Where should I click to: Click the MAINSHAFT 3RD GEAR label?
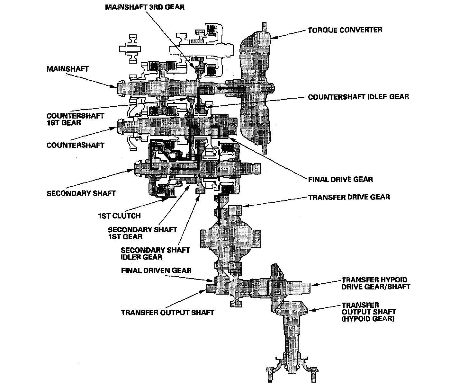145,7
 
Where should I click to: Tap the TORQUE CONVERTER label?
345,30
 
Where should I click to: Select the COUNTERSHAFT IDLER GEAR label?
358,97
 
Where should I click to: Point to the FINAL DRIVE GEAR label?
340,179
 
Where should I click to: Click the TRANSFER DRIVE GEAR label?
349,197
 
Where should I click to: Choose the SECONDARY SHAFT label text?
81,193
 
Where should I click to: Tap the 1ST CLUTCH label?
119,216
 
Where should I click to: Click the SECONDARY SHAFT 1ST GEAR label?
142,233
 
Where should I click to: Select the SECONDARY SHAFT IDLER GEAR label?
155,253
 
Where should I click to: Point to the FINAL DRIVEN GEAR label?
156,270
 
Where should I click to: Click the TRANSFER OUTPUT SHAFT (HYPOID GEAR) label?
369,312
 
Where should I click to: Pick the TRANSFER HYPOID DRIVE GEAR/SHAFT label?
376,283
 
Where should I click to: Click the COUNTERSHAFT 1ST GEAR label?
75,119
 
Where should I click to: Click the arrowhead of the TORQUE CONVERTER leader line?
273,38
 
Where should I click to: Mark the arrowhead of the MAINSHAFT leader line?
116,86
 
